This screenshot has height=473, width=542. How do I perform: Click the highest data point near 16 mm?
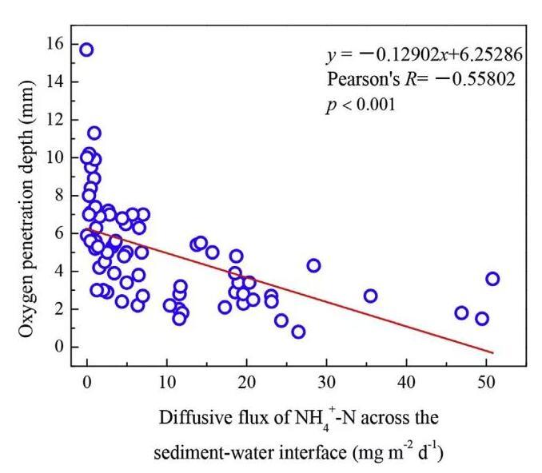coord(86,50)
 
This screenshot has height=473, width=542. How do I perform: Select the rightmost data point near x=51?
coord(492,279)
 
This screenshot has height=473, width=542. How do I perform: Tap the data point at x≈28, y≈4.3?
coord(313,265)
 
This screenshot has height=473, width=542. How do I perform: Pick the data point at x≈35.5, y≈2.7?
coord(370,296)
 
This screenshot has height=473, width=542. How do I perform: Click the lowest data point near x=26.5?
coord(298,332)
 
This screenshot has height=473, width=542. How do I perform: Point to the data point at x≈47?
coord(461,312)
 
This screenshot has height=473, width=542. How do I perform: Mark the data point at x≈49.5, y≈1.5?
coord(482,319)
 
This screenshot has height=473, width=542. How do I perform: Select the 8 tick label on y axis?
coord(58,196)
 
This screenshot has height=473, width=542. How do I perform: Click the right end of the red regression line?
coord(493,352)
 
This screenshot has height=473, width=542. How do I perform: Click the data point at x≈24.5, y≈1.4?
coord(281,320)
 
